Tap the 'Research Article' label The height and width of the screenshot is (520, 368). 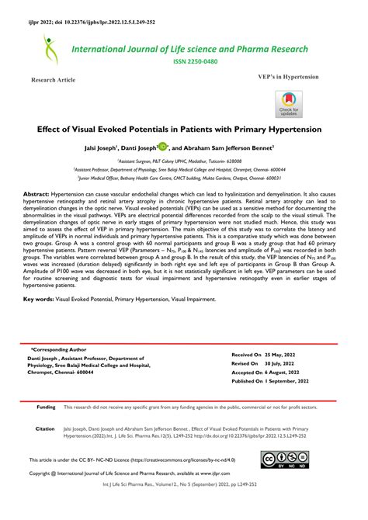click(53, 80)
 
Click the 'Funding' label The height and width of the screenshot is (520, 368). click(46, 407)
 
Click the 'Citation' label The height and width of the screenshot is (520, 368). click(45, 428)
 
